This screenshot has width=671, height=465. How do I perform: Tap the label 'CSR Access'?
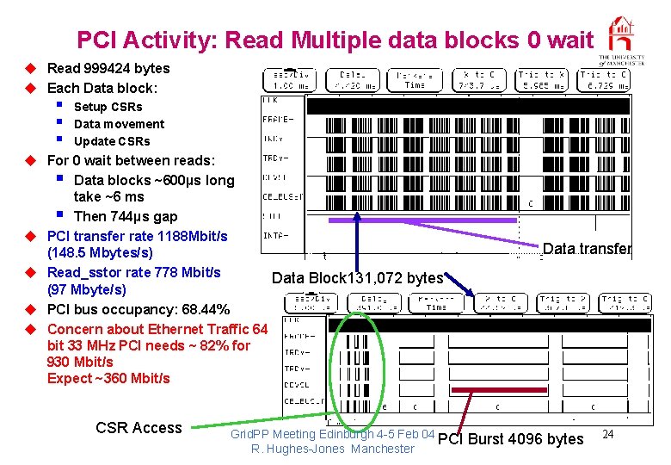click(139, 428)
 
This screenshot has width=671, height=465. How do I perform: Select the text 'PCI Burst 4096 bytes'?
click(510, 439)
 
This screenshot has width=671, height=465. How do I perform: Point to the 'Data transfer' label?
click(587, 249)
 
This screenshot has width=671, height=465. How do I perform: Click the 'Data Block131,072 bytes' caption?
click(358, 277)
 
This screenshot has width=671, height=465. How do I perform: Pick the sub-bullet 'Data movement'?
click(119, 124)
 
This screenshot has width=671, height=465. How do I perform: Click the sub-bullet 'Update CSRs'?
click(112, 141)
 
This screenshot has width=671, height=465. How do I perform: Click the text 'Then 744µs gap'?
click(126, 216)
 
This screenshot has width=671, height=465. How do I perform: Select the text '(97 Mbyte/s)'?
click(86, 289)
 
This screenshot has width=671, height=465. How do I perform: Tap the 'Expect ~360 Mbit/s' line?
click(108, 378)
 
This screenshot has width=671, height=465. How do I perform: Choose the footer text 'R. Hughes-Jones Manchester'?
click(333, 449)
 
